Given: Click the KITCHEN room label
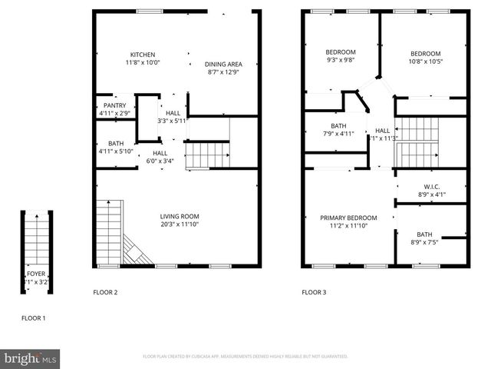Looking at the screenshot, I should tap(143, 55).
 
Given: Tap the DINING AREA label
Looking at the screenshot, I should tap(224, 64).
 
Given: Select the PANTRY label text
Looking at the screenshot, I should tap(115, 106).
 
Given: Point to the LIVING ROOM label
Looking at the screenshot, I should tap(180, 216).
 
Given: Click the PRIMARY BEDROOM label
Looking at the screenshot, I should tap(348, 218).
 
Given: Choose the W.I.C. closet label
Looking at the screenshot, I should tap(430, 187).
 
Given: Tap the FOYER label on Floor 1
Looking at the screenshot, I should tap(36, 274).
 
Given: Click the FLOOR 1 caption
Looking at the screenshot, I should tap(33, 317).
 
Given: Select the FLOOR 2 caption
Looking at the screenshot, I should tap(105, 292).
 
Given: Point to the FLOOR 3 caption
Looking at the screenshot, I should tap(314, 292).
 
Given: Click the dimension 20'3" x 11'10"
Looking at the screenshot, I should tap(180, 224).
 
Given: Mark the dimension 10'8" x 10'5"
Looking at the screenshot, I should tap(425, 61).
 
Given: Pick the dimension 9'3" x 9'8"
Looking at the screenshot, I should tap(341, 60).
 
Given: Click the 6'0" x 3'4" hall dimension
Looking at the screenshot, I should tap(160, 161).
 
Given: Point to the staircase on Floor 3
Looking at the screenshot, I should tap(415, 142).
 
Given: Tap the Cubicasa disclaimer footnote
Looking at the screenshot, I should tap(245, 357).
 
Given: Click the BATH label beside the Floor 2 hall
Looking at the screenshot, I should tap(116, 143).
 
